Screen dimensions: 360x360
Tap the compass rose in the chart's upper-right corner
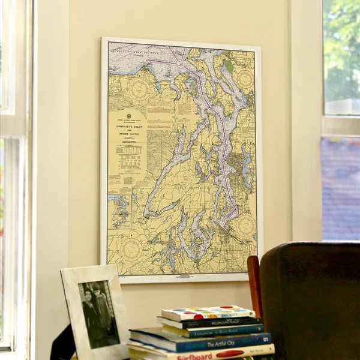pyautogui.click(x=244, y=79)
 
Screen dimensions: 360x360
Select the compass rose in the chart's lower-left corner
pyautogui.click(x=131, y=249)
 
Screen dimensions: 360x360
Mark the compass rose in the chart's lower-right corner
pyautogui.click(x=244, y=226)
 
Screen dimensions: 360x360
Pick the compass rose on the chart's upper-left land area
pyautogui.click(x=139, y=90)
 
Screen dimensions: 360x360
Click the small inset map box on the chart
pyautogui.click(x=119, y=211)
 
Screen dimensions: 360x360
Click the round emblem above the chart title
pyautogui.click(x=128, y=115)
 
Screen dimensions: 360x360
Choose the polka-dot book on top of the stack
pyautogui.click(x=208, y=313)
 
